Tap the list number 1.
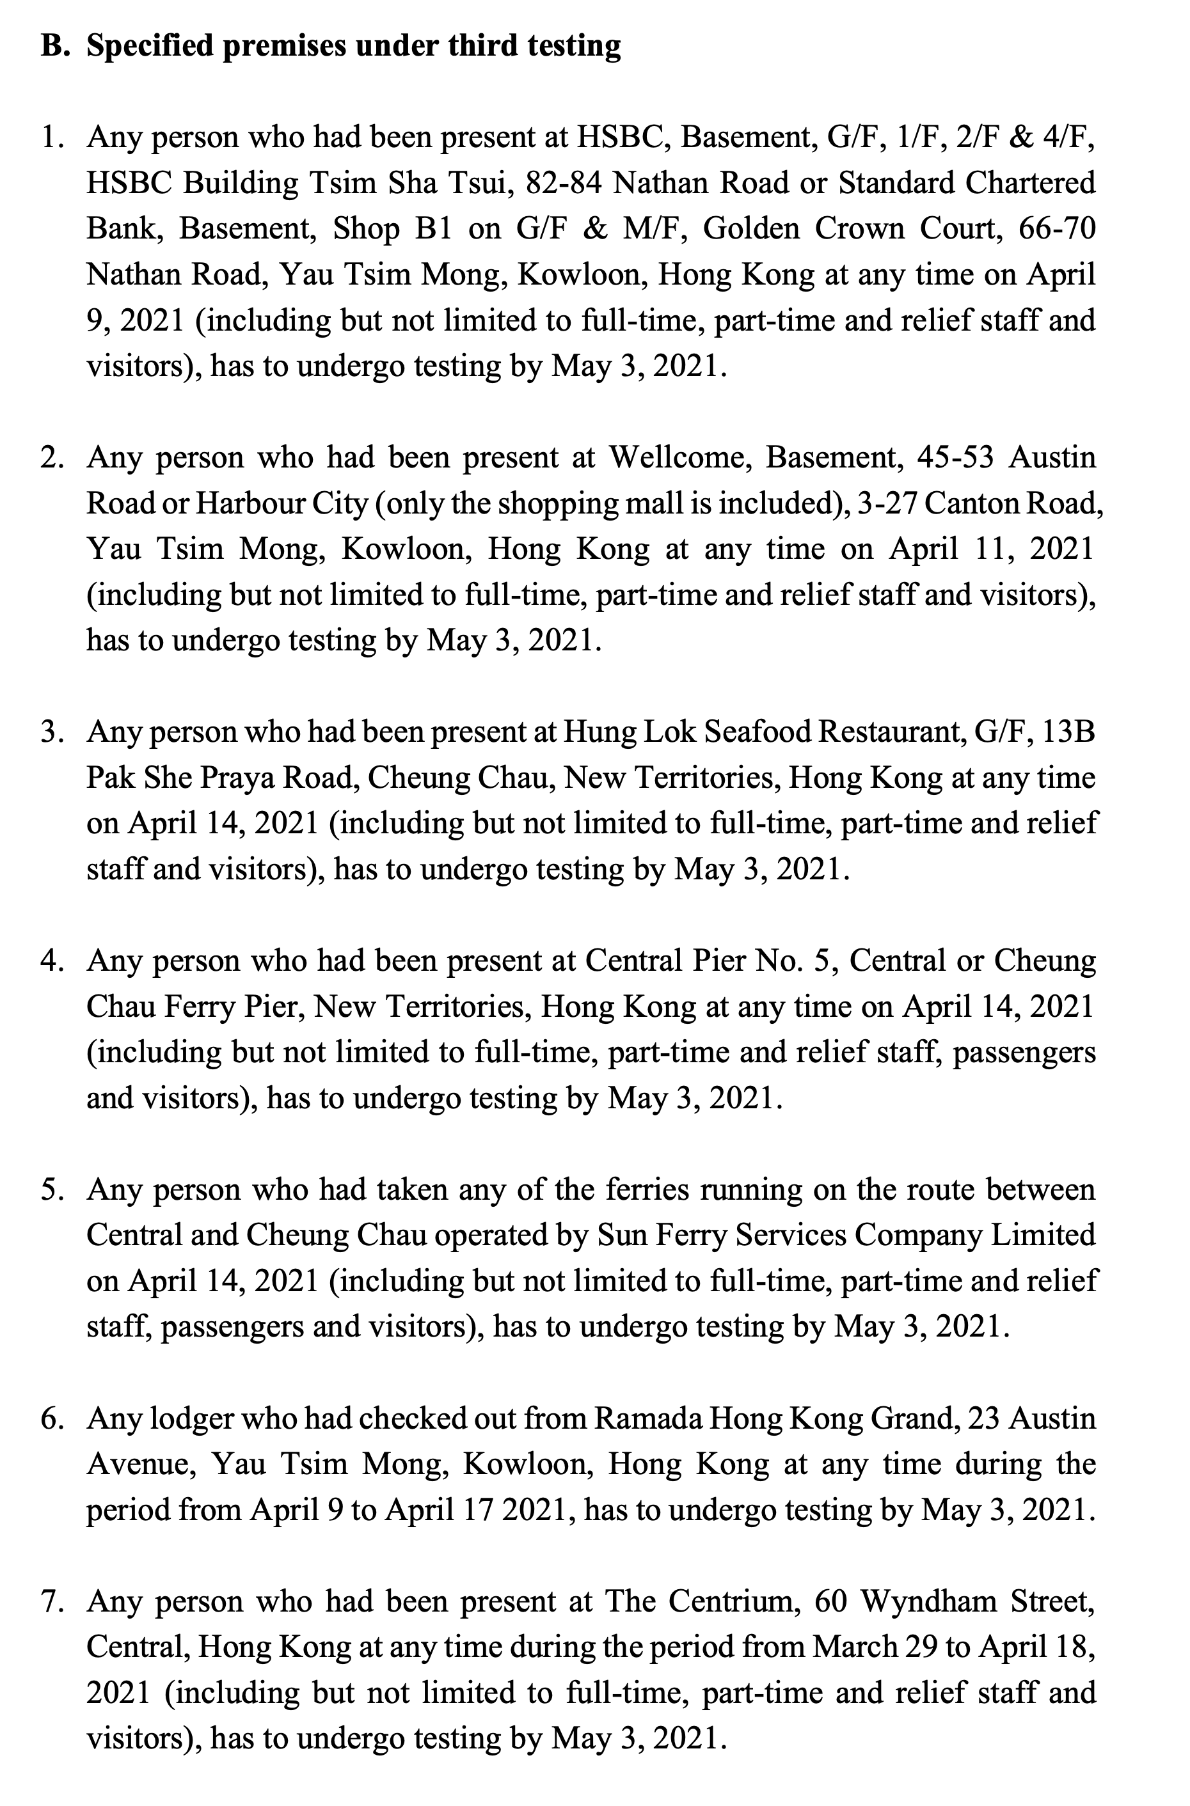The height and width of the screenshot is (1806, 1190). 51,137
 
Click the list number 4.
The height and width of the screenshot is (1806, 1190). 51,961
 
